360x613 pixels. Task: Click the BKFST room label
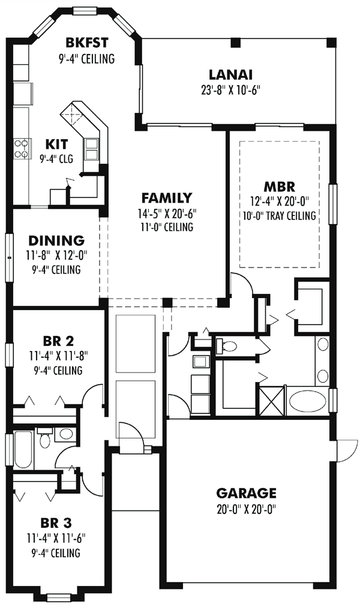[87, 42]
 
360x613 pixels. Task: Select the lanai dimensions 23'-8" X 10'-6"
[230, 91]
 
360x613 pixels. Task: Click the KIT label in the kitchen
[56, 144]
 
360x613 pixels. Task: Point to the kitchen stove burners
[22, 149]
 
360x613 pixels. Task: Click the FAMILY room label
[167, 198]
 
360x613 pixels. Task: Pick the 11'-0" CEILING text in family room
[167, 227]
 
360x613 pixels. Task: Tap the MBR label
[279, 185]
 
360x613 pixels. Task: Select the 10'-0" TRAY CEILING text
[280, 215]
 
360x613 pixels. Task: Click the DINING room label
[56, 240]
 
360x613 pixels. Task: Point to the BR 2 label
[58, 341]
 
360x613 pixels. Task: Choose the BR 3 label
[56, 522]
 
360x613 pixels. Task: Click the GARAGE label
[246, 492]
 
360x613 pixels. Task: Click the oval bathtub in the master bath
[307, 401]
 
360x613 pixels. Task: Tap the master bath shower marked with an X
[272, 401]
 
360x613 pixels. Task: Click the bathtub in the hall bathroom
[23, 450]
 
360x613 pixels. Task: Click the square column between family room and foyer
[167, 302]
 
